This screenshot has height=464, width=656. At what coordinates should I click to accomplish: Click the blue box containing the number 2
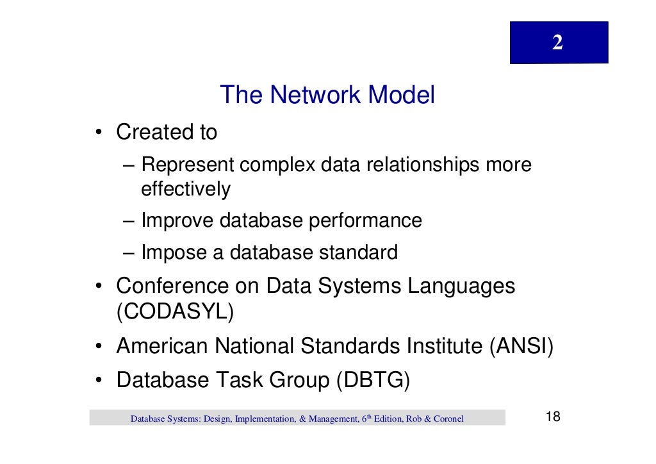tap(559, 42)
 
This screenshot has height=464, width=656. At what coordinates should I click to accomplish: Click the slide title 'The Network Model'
tap(327, 95)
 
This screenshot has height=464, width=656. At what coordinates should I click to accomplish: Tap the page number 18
tap(552, 417)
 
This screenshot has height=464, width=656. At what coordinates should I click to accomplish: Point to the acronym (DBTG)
tap(372, 380)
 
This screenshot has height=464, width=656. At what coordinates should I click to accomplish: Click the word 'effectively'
tap(185, 190)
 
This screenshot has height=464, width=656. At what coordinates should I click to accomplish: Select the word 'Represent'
tap(188, 165)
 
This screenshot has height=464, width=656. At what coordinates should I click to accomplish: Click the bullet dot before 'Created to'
tap(100, 134)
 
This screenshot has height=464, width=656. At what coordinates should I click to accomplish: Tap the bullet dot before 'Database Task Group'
tap(100, 381)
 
